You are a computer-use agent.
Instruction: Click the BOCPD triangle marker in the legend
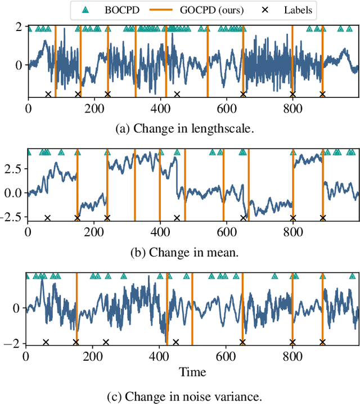[x=85, y=10]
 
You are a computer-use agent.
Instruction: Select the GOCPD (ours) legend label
[x=213, y=10]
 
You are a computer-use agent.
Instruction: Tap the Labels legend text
[x=299, y=10]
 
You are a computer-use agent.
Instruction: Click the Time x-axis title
[x=192, y=372]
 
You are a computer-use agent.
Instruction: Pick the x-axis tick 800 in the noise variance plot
[x=292, y=357]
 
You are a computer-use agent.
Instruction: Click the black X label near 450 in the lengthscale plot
[x=177, y=95]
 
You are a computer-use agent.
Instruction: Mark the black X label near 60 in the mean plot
[x=47, y=218]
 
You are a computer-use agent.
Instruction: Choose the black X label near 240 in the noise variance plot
[x=106, y=342]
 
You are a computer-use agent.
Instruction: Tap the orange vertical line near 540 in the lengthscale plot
[x=207, y=62]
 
